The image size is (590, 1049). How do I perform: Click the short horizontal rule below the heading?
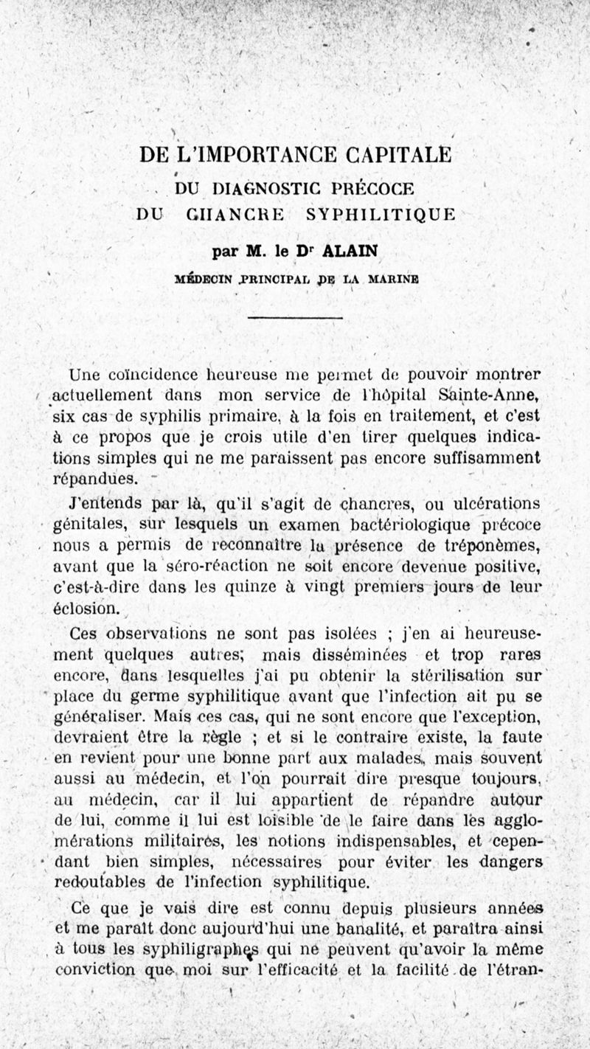click(296, 318)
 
